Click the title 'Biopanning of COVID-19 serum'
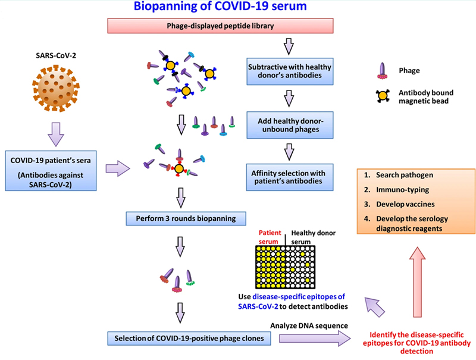click(220, 6)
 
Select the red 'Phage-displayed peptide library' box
click(220, 26)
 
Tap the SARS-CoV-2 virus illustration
click(56, 88)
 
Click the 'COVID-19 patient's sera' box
click(51, 171)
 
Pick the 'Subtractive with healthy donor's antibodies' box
click(290, 71)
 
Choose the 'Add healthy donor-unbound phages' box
click(290, 125)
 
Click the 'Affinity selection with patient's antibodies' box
click(290, 177)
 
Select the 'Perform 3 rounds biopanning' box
click(186, 218)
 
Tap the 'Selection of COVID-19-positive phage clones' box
click(189, 339)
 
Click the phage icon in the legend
click(382, 71)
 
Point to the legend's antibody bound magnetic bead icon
click(383, 96)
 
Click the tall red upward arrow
click(418, 282)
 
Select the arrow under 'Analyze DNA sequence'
click(315, 339)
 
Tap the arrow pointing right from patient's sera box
click(118, 168)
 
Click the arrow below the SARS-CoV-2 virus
click(56, 134)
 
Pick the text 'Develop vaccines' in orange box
click(405, 204)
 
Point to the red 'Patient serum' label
click(270, 237)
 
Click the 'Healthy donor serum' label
click(314, 237)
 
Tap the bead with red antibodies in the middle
click(179, 168)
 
